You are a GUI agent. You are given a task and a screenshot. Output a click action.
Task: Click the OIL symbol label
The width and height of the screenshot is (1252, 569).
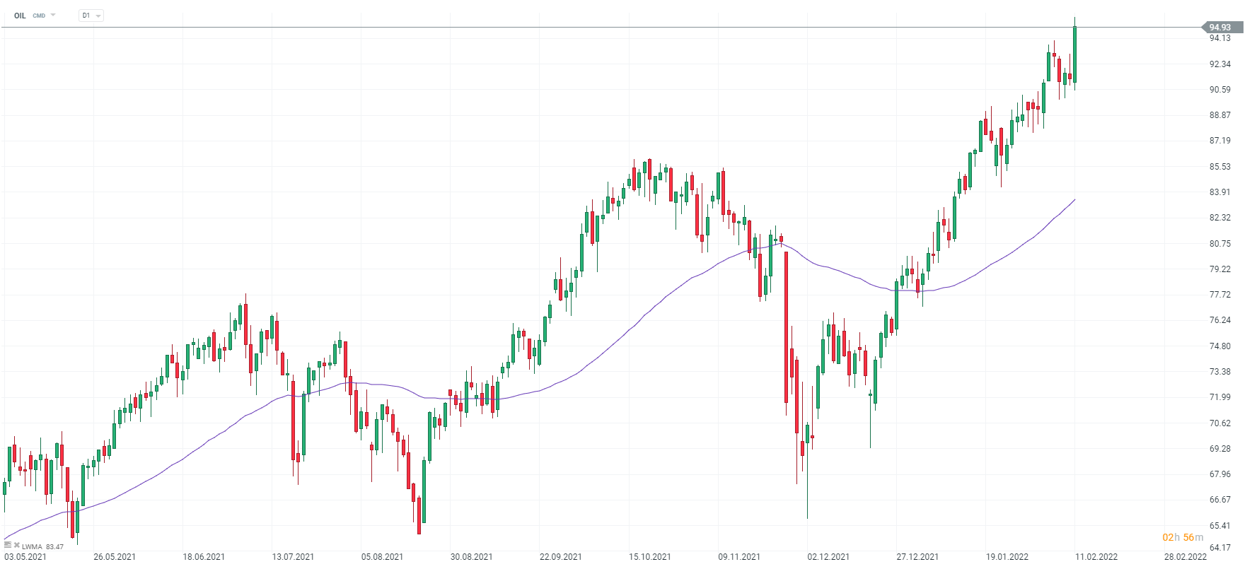(x=20, y=16)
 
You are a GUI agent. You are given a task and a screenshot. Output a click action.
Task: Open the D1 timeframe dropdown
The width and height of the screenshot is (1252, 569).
(x=91, y=16)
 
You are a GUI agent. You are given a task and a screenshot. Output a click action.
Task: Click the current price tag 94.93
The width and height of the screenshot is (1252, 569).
(x=1220, y=28)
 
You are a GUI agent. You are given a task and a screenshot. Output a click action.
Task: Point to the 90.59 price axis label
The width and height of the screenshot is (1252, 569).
(x=1219, y=90)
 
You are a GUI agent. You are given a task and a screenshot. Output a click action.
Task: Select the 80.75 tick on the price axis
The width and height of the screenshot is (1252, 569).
(x=1219, y=244)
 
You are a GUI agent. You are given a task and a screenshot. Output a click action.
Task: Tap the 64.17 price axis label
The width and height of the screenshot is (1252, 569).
(x=1219, y=548)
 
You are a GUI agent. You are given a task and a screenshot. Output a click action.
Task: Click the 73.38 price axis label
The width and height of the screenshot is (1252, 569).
(x=1219, y=372)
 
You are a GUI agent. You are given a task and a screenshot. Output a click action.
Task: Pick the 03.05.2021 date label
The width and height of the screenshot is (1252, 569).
(x=25, y=557)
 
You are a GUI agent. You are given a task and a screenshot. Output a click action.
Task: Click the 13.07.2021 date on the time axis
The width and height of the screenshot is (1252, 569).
(x=293, y=557)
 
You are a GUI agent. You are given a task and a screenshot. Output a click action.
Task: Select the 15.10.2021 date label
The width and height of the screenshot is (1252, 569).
(x=649, y=557)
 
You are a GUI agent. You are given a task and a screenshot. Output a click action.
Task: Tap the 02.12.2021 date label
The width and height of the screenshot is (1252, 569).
(x=828, y=557)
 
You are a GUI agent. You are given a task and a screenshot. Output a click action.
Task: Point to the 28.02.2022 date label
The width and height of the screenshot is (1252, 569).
(x=1186, y=557)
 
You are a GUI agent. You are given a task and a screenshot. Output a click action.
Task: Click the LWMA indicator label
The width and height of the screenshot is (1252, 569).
(x=32, y=547)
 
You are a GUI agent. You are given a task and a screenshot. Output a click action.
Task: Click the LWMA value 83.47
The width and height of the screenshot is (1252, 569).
(x=54, y=547)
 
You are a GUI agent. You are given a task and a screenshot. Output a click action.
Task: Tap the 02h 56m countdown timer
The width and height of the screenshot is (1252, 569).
(x=1183, y=538)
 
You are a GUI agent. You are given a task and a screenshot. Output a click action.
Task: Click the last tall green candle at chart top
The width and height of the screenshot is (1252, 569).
(x=1074, y=53)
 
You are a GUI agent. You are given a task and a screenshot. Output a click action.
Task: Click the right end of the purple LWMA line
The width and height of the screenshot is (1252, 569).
(x=1074, y=200)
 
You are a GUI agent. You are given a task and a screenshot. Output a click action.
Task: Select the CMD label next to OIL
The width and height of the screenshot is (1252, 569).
(x=39, y=16)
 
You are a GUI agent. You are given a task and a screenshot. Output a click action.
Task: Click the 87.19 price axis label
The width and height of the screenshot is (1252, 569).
(x=1219, y=141)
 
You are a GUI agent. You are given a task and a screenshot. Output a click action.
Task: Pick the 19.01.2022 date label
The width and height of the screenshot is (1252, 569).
(x=1007, y=557)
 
